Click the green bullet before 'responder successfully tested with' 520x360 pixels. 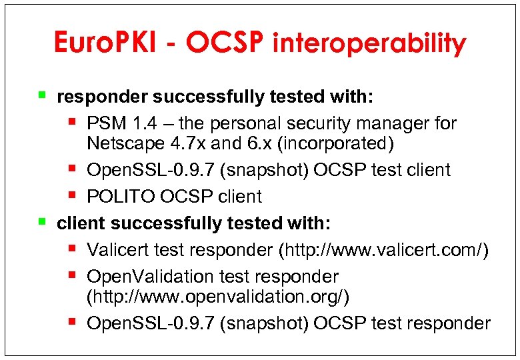click(42, 95)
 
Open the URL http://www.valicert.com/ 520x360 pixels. click(384, 250)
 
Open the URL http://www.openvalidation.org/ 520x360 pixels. click(218, 296)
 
